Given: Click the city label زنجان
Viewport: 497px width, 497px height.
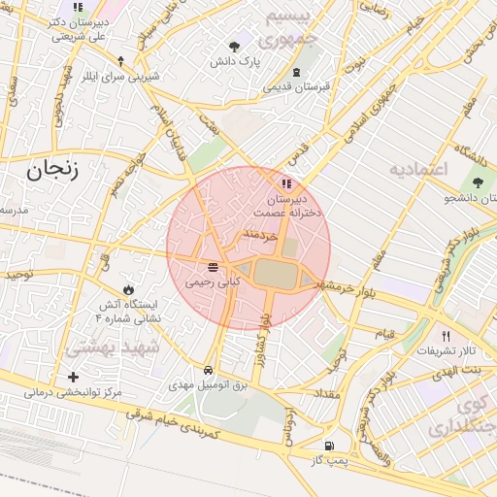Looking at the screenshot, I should point(45,171).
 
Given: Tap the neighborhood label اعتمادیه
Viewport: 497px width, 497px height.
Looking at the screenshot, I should point(417,169).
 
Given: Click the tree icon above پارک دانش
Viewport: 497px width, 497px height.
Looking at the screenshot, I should point(234,46).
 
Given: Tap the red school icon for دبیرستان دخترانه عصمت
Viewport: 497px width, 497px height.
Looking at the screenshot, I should point(285,183).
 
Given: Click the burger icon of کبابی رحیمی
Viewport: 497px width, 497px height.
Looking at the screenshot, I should point(213,267).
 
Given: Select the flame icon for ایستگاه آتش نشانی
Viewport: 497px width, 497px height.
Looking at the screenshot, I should point(128,289).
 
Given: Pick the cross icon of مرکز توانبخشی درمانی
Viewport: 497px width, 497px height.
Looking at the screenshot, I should point(74,377).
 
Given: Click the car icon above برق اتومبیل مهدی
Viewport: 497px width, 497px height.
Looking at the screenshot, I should point(210,371).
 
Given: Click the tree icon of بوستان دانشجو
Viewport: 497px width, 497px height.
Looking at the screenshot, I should point(478,182).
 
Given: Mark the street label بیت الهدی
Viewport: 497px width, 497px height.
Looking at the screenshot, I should point(456,371).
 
